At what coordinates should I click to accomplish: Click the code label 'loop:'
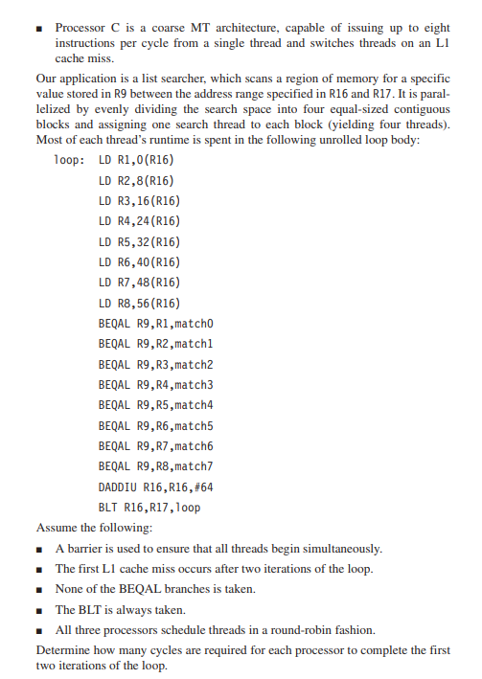click(72, 159)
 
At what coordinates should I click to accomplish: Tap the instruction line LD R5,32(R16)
click(140, 241)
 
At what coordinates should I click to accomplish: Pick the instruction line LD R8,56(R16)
click(140, 303)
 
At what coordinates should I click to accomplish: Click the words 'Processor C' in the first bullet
click(86, 30)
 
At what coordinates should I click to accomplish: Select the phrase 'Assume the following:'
click(90, 528)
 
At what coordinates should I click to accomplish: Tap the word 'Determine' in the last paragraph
click(62, 650)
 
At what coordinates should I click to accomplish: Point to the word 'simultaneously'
click(341, 549)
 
